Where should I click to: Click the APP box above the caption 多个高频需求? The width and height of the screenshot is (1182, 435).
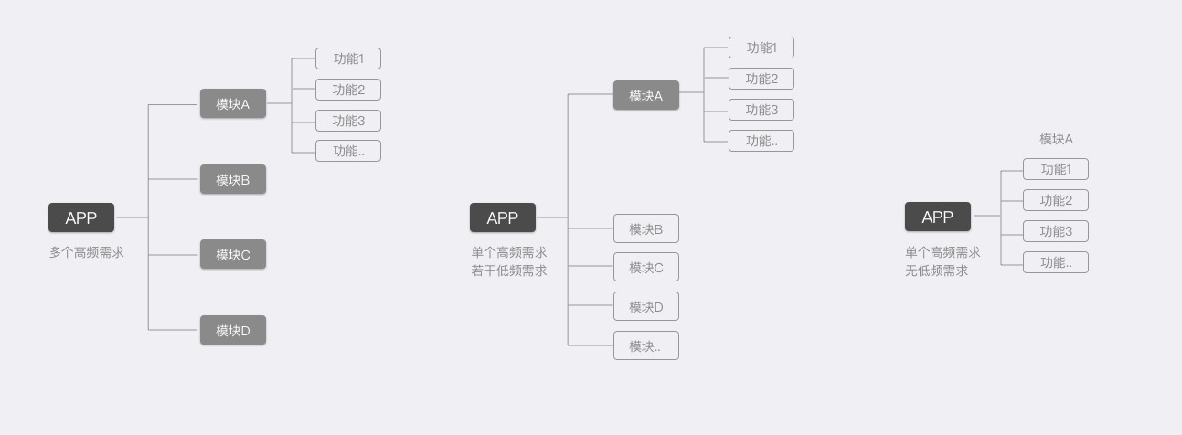[81, 217]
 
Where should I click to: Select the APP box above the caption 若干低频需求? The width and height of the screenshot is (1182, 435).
[503, 217]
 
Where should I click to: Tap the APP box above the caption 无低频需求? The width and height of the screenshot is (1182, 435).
[938, 217]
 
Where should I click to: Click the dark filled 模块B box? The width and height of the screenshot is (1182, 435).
[233, 179]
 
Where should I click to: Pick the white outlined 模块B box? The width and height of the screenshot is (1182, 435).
[646, 228]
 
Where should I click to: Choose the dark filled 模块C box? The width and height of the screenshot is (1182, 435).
[233, 254]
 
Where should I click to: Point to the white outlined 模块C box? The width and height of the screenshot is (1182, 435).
[646, 267]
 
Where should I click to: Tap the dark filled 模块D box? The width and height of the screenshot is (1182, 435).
[233, 330]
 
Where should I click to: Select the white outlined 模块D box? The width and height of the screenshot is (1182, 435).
[646, 306]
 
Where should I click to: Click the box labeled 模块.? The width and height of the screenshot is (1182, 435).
[646, 345]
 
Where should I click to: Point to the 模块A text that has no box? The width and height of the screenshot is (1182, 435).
[1056, 139]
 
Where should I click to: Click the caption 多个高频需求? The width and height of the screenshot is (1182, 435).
[86, 252]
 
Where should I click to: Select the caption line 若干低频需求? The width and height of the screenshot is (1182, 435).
[509, 271]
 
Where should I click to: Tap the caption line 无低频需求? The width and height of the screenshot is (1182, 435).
[936, 271]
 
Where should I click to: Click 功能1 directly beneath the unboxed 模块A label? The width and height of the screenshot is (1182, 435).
[1056, 169]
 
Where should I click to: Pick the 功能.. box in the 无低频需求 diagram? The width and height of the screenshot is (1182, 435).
[1056, 262]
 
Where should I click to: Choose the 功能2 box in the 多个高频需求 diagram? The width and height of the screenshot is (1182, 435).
[348, 90]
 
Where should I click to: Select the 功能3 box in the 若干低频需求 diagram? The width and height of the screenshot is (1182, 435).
[761, 110]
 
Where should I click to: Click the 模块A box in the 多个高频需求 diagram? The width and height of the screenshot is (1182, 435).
[233, 104]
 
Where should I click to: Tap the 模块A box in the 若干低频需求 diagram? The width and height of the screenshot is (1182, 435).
[646, 95]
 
